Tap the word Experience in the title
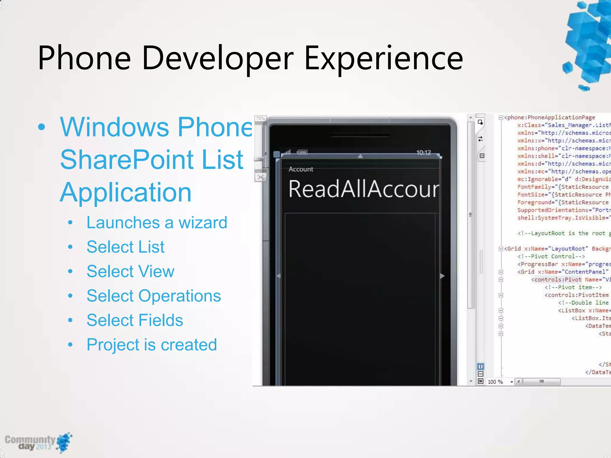point(383,58)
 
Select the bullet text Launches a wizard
point(157,223)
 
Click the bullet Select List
point(125,247)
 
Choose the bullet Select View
point(130,271)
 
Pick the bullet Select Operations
point(154,296)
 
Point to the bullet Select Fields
point(135,320)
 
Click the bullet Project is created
point(152,345)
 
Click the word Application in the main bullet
point(125,192)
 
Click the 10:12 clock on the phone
point(423,153)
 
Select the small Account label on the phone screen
point(301,169)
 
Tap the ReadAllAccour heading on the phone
point(363,189)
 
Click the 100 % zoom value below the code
point(495,382)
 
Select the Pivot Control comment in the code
point(551,256)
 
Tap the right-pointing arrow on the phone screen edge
point(442,276)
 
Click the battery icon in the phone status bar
point(302,152)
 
